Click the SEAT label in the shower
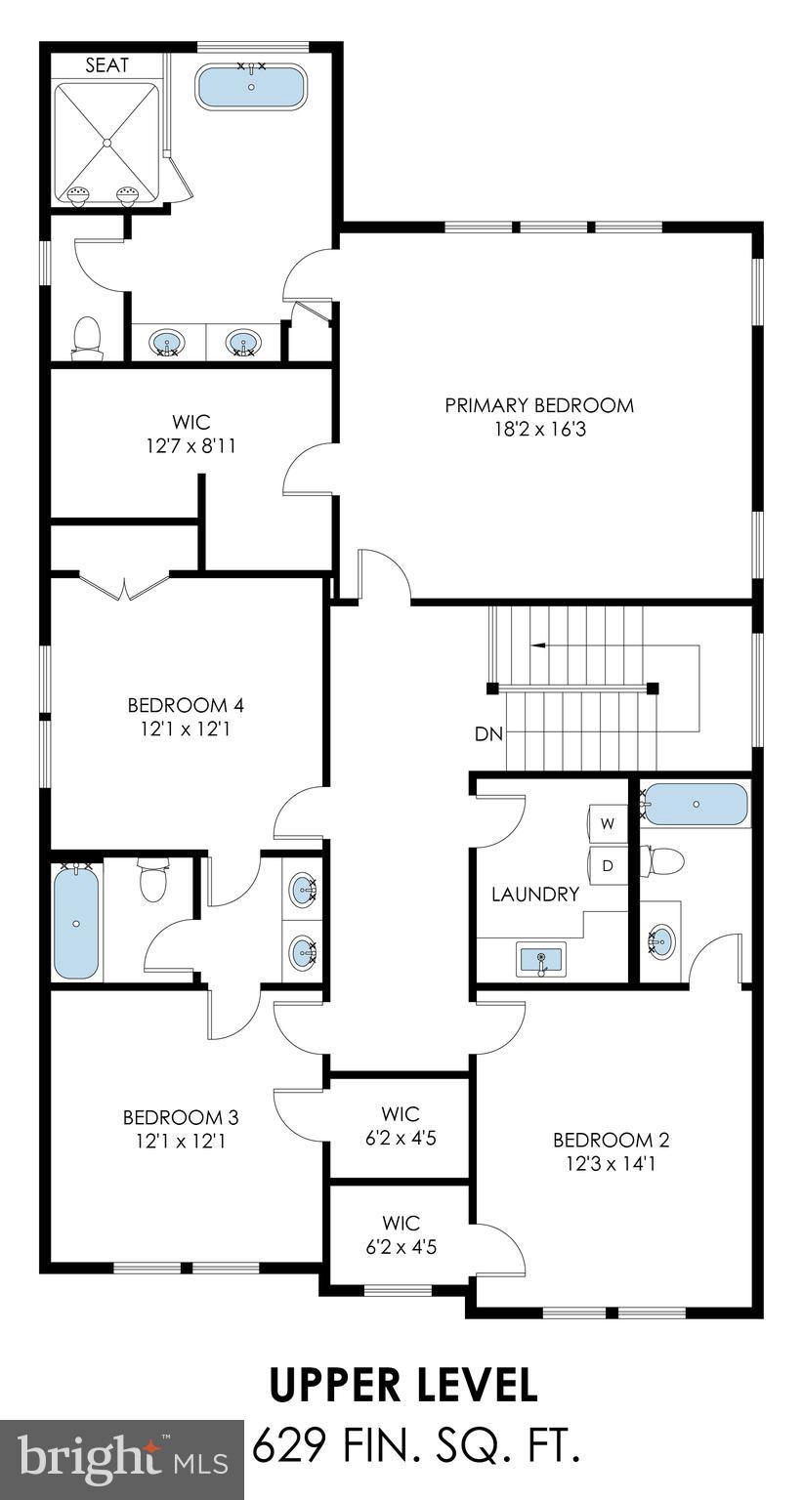click(x=107, y=65)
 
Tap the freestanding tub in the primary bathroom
click(x=251, y=87)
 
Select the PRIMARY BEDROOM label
click(x=539, y=404)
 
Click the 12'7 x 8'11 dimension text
click(x=191, y=446)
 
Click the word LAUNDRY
click(x=534, y=894)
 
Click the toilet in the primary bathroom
click(x=87, y=337)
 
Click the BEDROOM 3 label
click(x=181, y=1116)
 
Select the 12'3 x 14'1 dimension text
click(x=611, y=1163)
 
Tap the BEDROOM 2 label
click(x=611, y=1140)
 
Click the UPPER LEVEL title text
click(x=402, y=1385)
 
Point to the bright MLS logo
click(x=122, y=1460)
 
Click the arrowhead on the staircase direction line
click(x=536, y=646)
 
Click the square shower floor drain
click(x=106, y=143)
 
